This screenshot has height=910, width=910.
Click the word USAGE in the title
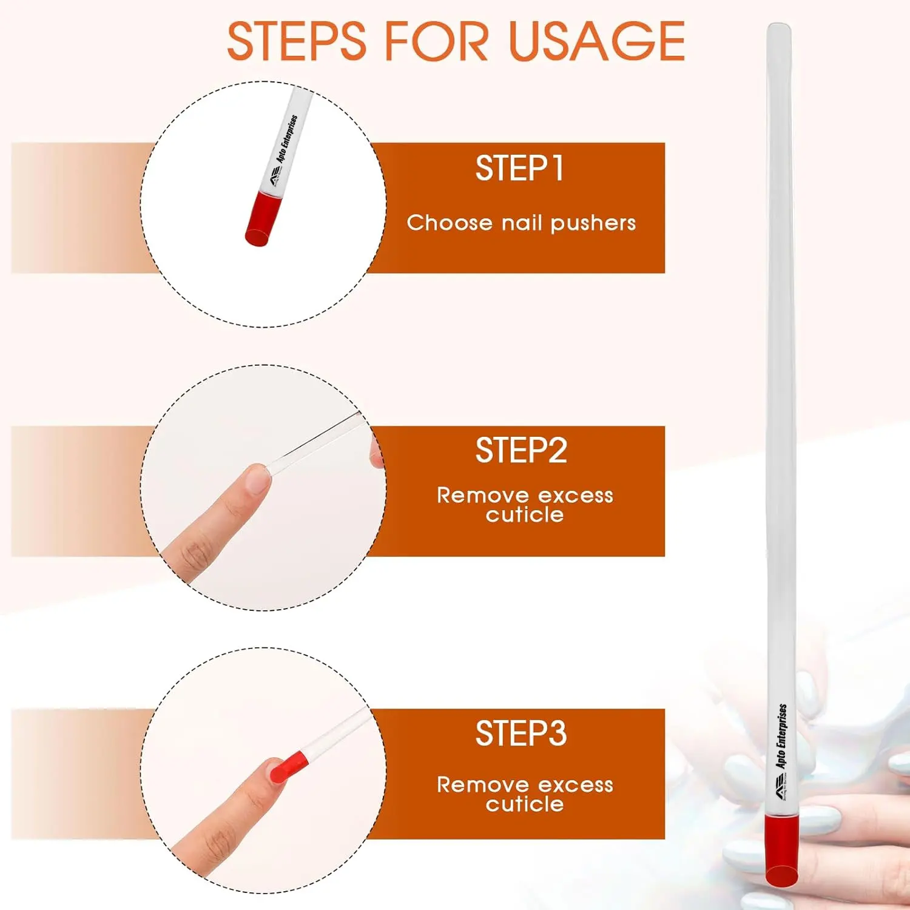tap(598, 41)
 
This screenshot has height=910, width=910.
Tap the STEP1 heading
tap(520, 168)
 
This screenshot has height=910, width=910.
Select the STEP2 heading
tap(521, 451)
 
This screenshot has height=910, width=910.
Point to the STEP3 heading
tap(521, 733)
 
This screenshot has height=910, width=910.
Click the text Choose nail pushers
tap(521, 223)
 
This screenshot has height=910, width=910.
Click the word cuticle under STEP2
tap(525, 515)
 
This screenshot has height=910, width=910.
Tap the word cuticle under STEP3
tap(525, 804)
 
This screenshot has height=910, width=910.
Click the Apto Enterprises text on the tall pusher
tap(782, 735)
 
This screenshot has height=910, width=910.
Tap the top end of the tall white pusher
tap(778, 29)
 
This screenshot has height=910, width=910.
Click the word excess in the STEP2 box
tap(576, 496)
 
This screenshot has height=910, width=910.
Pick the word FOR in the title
tap(437, 41)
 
